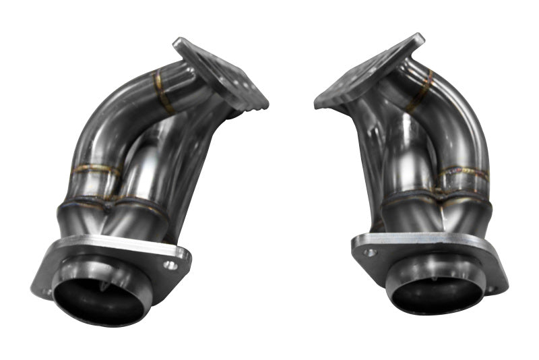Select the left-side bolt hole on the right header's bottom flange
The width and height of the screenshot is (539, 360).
(x=370, y=253)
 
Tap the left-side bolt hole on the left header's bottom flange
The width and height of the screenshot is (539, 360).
(x=46, y=292)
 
